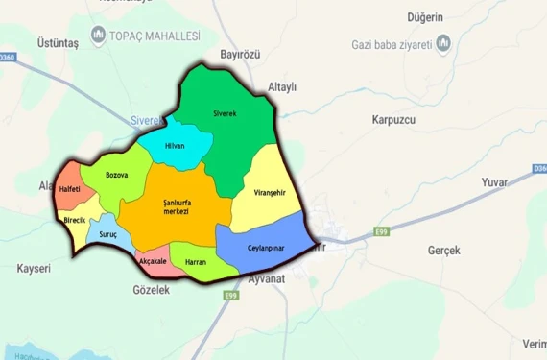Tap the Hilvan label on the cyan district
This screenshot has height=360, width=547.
tap(175, 146)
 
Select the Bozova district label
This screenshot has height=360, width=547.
tap(117, 175)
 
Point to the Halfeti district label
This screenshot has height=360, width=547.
tap(70, 190)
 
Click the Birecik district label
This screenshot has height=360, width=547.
tap(75, 220)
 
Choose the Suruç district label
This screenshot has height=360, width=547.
tap(107, 233)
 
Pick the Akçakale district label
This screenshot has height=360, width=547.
tap(153, 261)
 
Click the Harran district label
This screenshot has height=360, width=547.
tap(196, 261)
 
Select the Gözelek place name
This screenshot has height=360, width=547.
tap(151, 289)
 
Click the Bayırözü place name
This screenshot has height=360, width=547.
tap(240, 54)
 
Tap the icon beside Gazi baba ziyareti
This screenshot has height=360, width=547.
tap(443, 43)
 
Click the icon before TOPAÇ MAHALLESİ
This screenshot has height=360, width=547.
tap(99, 36)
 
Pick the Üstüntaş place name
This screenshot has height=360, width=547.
tap(59, 43)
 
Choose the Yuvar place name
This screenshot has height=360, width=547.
tap(495, 181)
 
